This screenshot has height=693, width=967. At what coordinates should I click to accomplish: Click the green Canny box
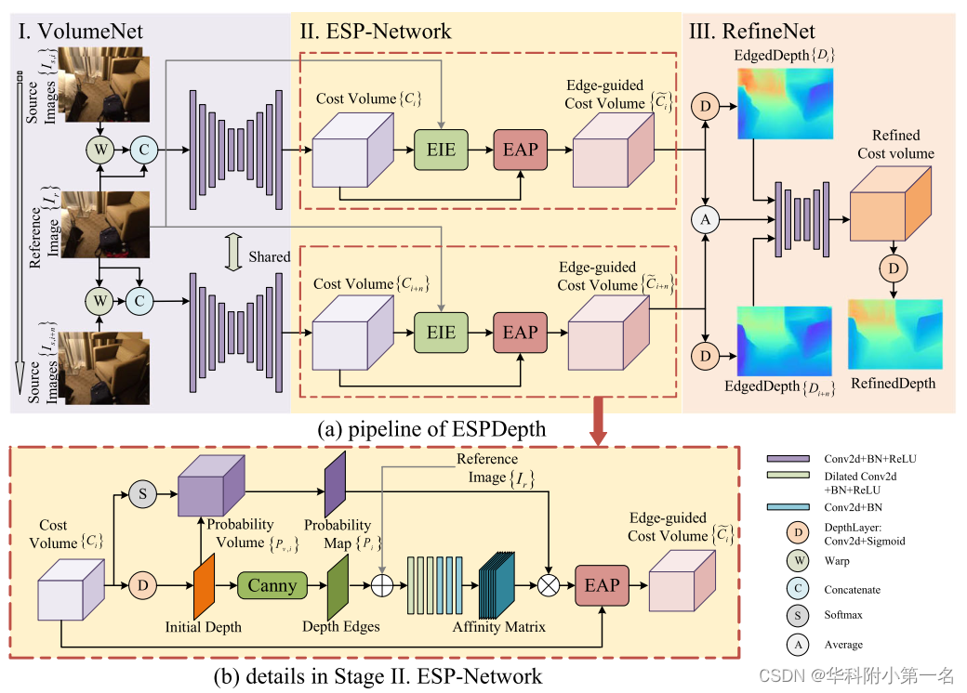click(272, 585)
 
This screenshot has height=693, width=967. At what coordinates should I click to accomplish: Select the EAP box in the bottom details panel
click(602, 584)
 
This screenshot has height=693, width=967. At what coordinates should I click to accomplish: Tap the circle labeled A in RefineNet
click(706, 219)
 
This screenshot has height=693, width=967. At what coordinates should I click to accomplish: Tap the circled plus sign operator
click(382, 585)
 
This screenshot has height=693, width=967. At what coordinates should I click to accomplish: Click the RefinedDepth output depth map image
click(894, 335)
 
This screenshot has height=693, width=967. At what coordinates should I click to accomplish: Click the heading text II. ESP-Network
click(375, 32)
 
